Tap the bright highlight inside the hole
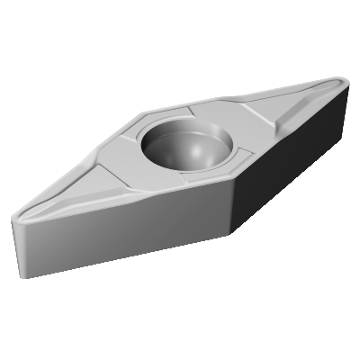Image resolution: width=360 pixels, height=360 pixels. click(200, 147)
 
